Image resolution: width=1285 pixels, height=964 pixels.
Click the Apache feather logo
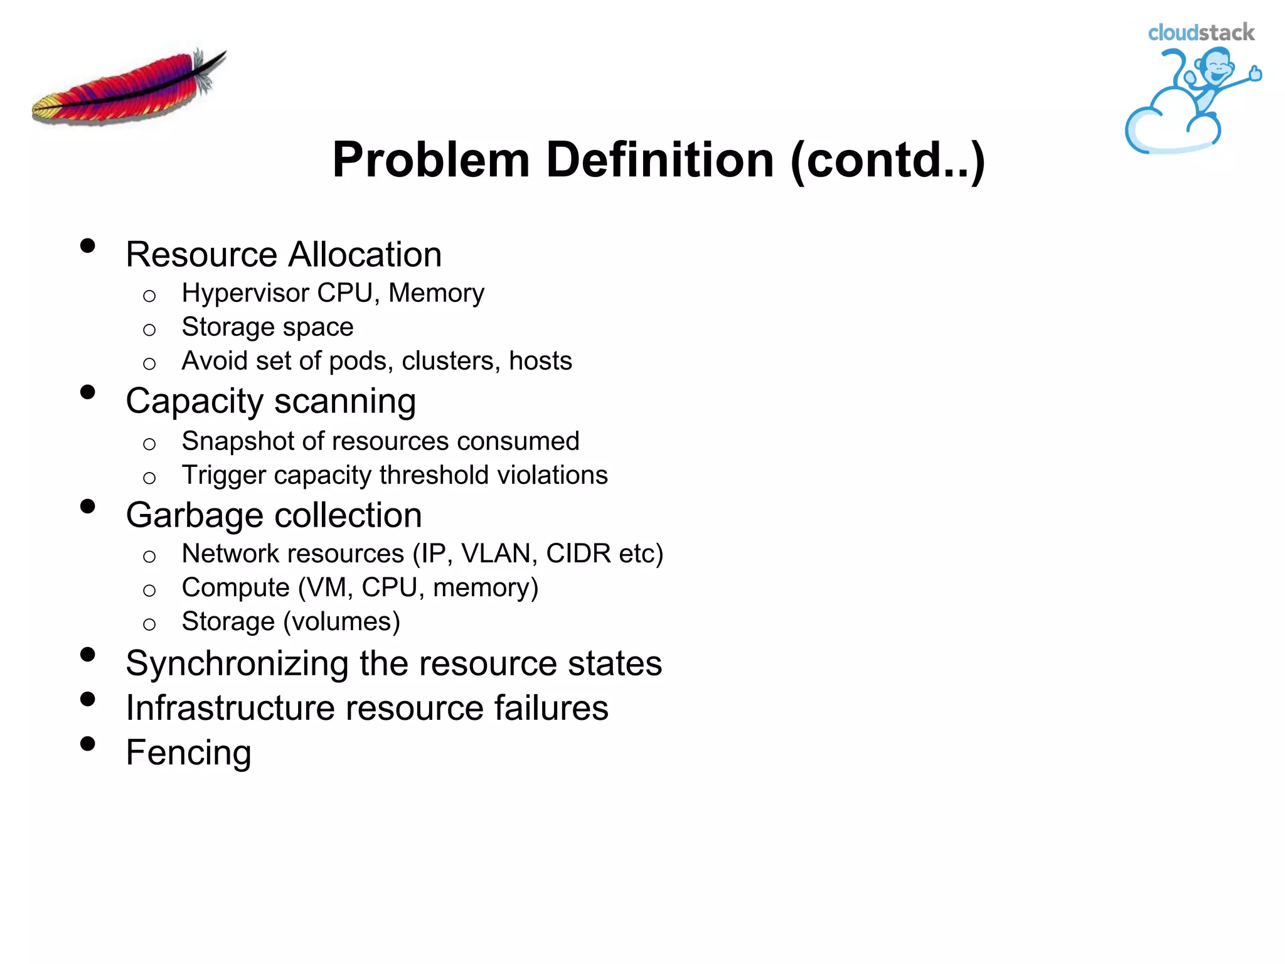129,88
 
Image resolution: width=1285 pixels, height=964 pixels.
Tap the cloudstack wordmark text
1200,33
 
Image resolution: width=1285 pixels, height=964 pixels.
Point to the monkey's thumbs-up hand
1255,73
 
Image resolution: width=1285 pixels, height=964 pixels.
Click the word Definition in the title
659,160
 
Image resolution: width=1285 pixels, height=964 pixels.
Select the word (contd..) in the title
888,160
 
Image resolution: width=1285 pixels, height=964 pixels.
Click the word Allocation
365,255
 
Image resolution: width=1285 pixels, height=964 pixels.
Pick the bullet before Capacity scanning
88,393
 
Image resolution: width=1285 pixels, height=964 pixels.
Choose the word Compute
235,588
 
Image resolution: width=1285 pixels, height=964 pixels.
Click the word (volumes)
341,622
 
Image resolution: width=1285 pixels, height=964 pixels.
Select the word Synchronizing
237,664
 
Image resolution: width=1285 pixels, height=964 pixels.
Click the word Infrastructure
230,709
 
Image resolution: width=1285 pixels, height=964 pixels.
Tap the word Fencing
188,753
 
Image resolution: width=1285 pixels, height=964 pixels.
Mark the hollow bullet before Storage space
149,329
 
